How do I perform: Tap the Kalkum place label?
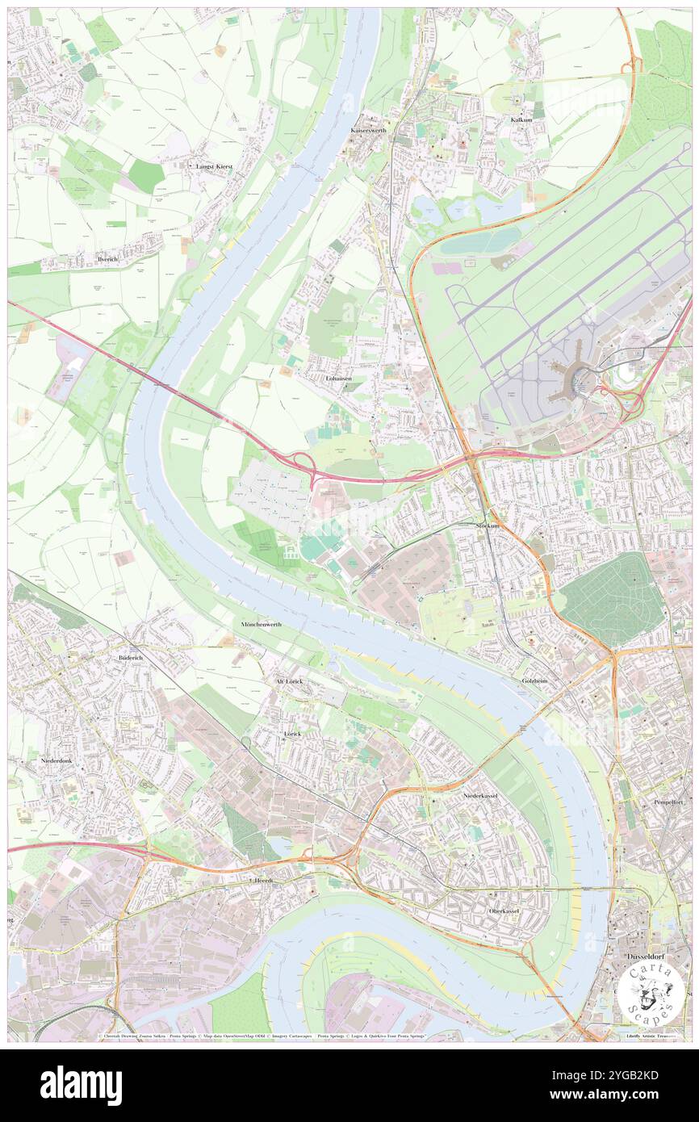click(x=521, y=119)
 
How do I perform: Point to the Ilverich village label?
click(x=107, y=259)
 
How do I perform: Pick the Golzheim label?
click(x=534, y=680)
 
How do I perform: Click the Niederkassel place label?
click(x=483, y=795)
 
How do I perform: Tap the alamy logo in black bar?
click(x=81, y=1086)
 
